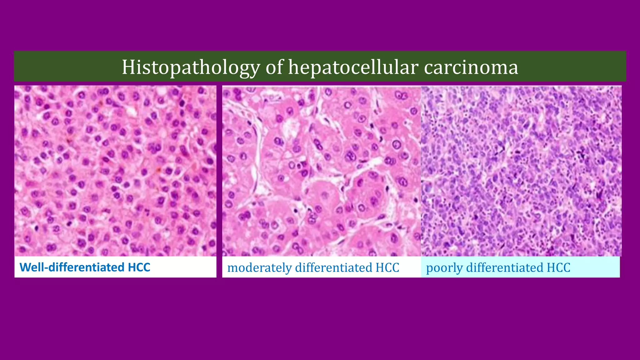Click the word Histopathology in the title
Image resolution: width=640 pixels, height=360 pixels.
point(191,67)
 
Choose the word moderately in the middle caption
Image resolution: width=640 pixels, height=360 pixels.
point(259,268)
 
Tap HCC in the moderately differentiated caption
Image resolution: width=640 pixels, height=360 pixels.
point(387,268)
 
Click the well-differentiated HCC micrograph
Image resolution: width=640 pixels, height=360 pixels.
point(115,171)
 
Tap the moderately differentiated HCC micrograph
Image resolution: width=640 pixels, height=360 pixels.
point(322,171)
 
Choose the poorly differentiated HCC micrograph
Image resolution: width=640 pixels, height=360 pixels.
point(521,171)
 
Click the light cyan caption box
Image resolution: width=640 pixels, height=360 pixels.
point(594,267)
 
